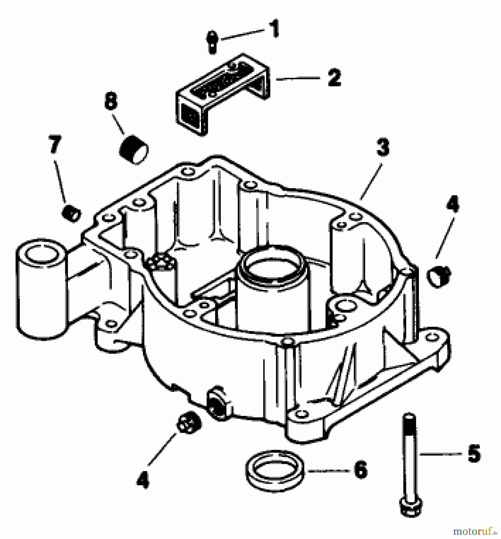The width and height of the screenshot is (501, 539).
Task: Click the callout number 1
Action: pyautogui.click(x=273, y=29)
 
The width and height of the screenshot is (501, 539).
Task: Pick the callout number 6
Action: pyautogui.click(x=360, y=470)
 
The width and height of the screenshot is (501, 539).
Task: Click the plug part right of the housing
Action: pyautogui.click(x=439, y=276)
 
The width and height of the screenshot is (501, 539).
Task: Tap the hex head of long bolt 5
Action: pyautogui.click(x=411, y=507)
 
